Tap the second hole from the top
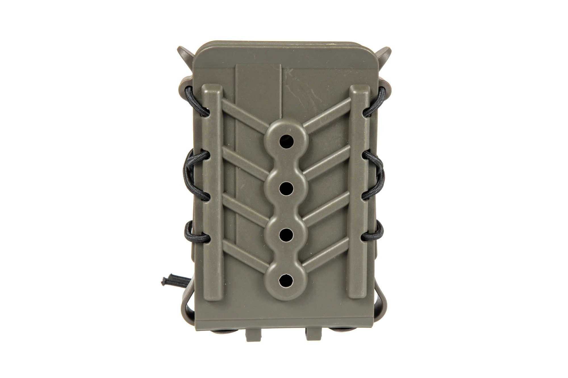[286, 187]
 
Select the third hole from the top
[286, 233]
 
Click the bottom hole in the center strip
[286, 280]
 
